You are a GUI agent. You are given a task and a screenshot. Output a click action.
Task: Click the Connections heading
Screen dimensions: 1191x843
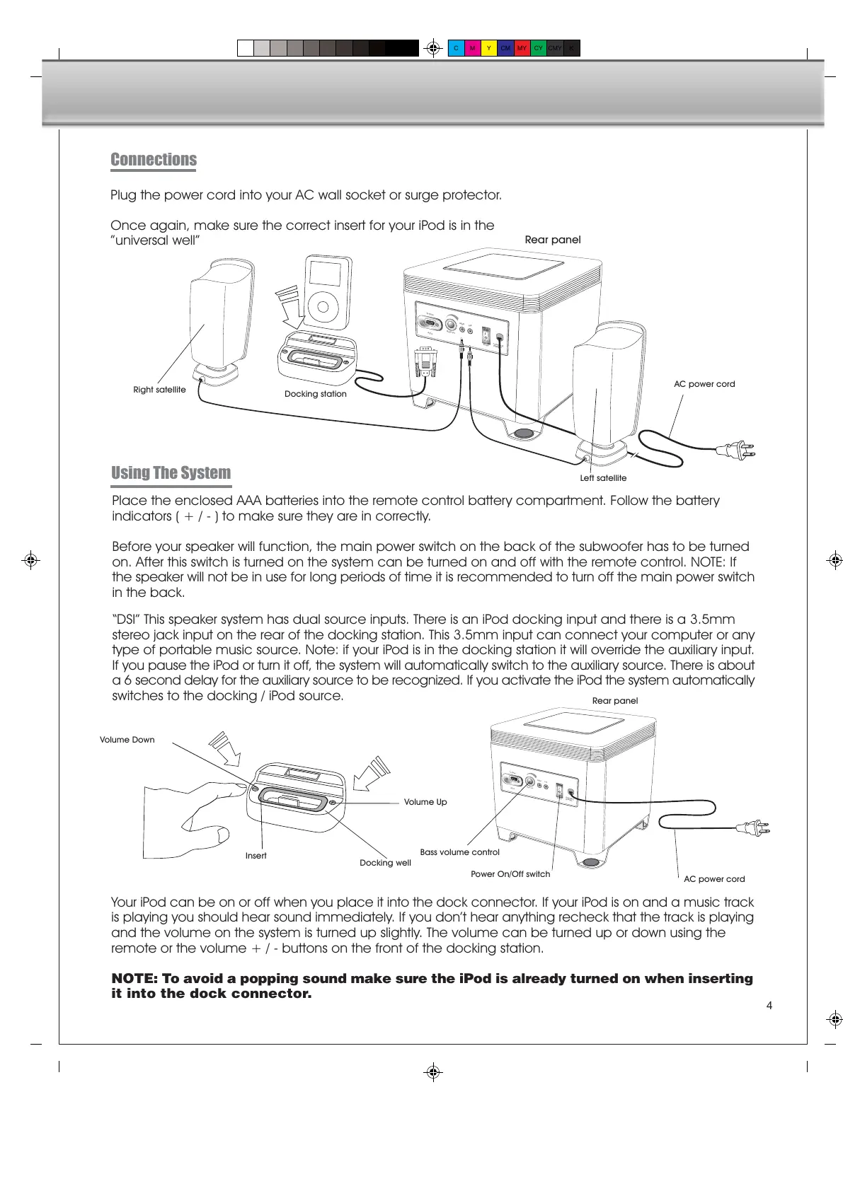click(x=154, y=160)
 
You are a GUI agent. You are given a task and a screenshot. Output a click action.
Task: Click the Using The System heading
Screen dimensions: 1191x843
click(x=171, y=473)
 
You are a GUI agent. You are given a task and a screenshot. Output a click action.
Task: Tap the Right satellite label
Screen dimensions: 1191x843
click(x=159, y=390)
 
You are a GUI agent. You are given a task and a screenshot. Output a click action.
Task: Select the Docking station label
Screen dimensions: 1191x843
click(x=315, y=394)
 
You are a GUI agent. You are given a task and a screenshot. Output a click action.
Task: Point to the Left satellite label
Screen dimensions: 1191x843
click(x=603, y=478)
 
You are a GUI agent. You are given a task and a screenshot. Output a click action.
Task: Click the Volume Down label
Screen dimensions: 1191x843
click(x=127, y=740)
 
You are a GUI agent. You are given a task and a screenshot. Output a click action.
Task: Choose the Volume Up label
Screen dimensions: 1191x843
click(x=425, y=802)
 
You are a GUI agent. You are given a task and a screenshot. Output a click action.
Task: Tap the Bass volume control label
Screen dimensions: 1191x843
click(x=459, y=852)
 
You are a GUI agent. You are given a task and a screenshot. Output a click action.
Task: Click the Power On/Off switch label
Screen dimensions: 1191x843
click(x=510, y=874)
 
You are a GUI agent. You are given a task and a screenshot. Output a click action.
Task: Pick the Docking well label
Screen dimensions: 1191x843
click(x=385, y=863)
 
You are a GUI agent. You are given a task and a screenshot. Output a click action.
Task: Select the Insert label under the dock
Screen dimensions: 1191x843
click(x=256, y=856)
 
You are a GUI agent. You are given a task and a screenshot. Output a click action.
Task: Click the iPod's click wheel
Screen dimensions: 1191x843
click(x=323, y=307)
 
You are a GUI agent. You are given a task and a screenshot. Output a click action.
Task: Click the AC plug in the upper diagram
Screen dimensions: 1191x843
click(x=736, y=450)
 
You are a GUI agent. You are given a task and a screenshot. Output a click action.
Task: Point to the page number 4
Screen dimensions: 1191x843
click(x=769, y=1006)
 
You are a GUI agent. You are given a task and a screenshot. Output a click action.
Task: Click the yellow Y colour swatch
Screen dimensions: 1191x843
click(x=488, y=48)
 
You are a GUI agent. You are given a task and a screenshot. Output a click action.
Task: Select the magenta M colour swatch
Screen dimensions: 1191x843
click(x=472, y=48)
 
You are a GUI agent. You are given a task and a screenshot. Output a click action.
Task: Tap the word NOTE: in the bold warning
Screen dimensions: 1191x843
click(x=134, y=979)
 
